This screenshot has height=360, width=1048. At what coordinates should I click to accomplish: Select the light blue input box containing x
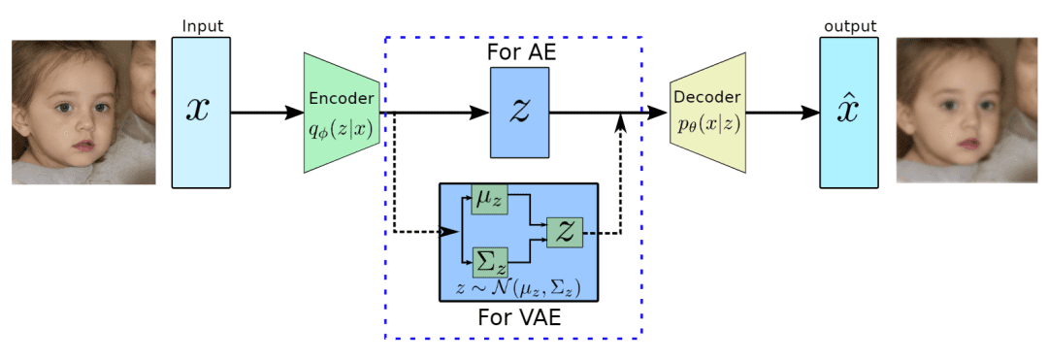click(201, 112)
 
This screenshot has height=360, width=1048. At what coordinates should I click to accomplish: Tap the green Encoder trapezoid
click(341, 112)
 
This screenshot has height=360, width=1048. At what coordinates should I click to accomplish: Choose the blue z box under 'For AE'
click(519, 112)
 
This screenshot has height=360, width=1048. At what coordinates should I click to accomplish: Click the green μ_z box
click(489, 198)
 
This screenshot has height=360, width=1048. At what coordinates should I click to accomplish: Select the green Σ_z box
click(489, 261)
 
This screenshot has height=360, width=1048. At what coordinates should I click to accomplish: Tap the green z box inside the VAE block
click(565, 232)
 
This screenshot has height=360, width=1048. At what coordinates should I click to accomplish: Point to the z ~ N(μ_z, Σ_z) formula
click(518, 288)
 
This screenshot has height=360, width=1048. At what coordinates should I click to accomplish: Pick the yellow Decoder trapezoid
click(706, 112)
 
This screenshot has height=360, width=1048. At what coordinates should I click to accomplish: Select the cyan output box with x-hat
click(847, 112)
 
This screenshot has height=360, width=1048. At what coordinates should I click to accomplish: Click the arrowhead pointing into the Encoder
click(295, 113)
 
